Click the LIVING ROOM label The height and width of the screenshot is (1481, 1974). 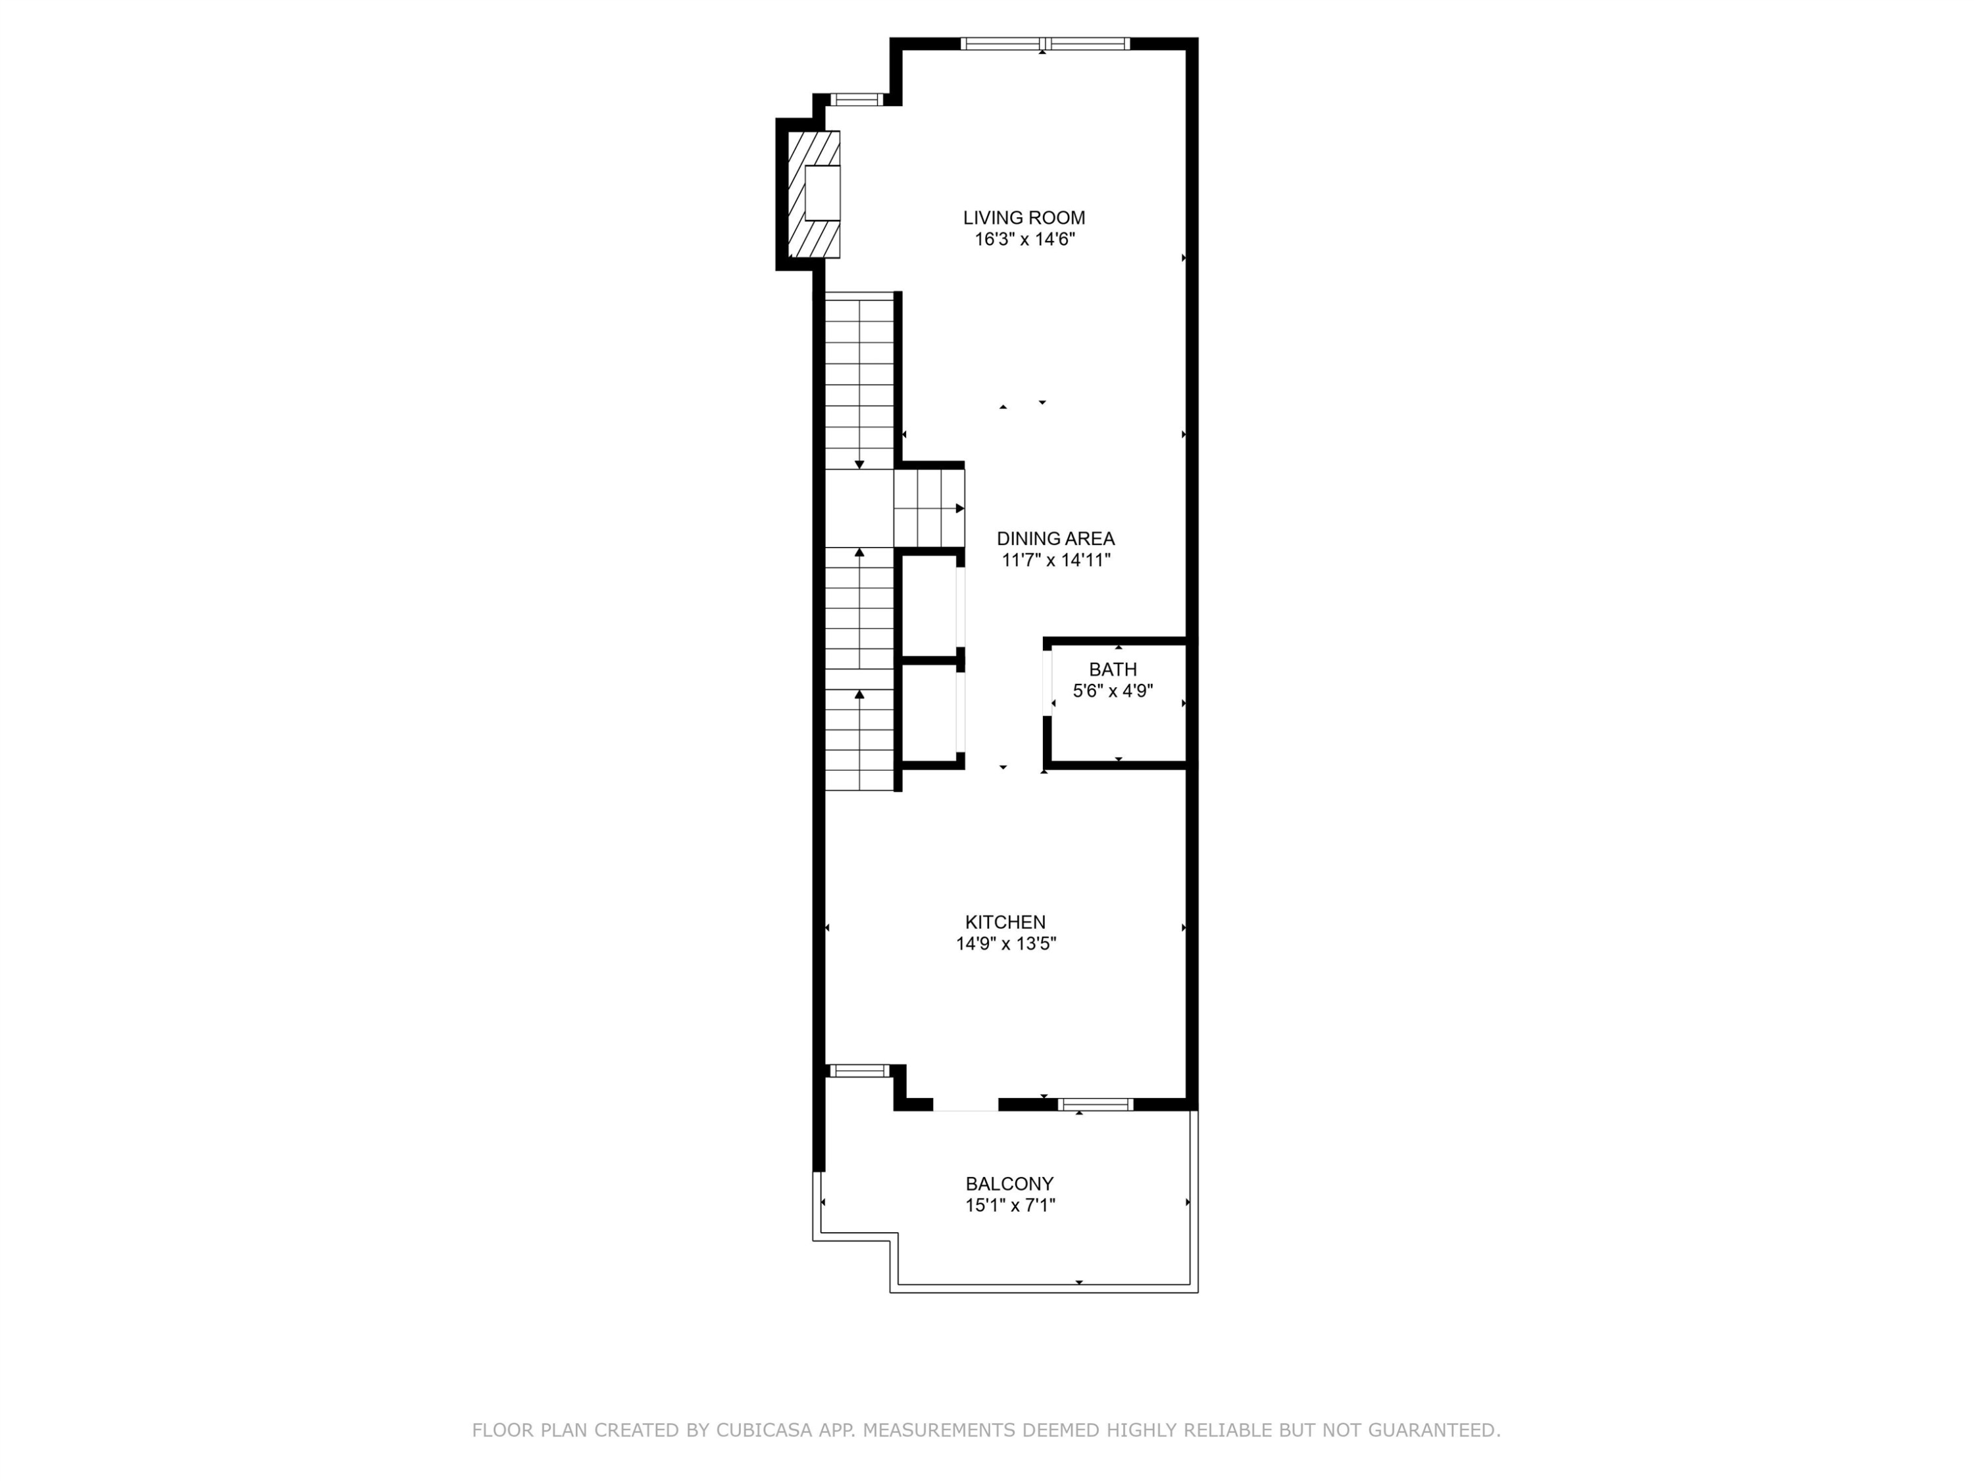[x=1024, y=218]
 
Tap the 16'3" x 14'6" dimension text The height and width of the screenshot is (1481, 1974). [x=1024, y=239]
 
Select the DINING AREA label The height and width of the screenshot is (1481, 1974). [x=1055, y=538]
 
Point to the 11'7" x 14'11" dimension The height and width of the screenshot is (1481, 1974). [x=1055, y=561]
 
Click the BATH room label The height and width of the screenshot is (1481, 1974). [x=1112, y=669]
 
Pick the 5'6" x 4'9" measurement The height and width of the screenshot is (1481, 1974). [x=1112, y=691]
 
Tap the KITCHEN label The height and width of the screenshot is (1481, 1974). [x=1005, y=922]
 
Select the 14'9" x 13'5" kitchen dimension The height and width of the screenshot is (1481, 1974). [x=1005, y=944]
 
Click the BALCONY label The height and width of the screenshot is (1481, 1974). [x=1009, y=1183]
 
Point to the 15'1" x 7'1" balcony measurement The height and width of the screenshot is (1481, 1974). [x=1009, y=1206]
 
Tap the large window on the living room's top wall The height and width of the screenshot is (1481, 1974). [x=1045, y=43]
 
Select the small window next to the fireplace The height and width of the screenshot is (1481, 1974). [x=856, y=99]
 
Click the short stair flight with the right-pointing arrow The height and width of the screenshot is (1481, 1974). [x=928, y=509]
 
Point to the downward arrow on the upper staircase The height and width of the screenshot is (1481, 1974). [x=859, y=463]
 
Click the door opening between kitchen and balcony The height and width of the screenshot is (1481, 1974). [x=965, y=1105]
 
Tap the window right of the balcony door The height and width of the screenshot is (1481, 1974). [x=1095, y=1104]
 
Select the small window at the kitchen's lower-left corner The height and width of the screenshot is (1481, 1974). [x=859, y=1070]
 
